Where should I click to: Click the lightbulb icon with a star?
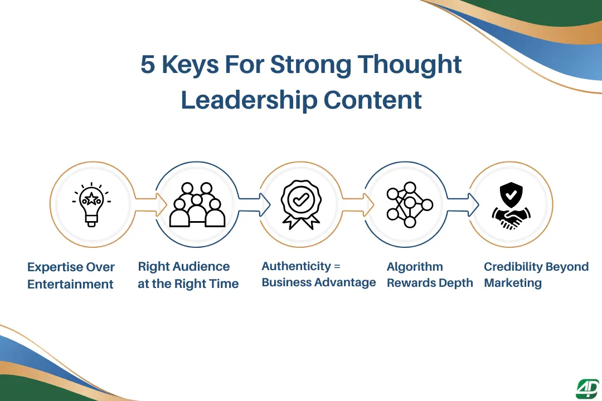click(x=91, y=203)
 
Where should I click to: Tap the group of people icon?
click(x=197, y=205)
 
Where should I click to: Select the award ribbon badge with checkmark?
click(x=301, y=204)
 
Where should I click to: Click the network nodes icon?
click(x=409, y=204)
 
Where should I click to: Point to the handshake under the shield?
click(x=511, y=218)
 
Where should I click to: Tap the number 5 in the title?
click(x=148, y=65)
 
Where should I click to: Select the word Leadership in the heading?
click(x=249, y=100)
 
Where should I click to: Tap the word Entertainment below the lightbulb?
click(x=70, y=284)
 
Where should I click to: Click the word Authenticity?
click(x=296, y=266)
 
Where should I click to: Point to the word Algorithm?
click(x=415, y=267)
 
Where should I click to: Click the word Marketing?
click(x=513, y=283)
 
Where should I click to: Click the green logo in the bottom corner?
click(x=587, y=389)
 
